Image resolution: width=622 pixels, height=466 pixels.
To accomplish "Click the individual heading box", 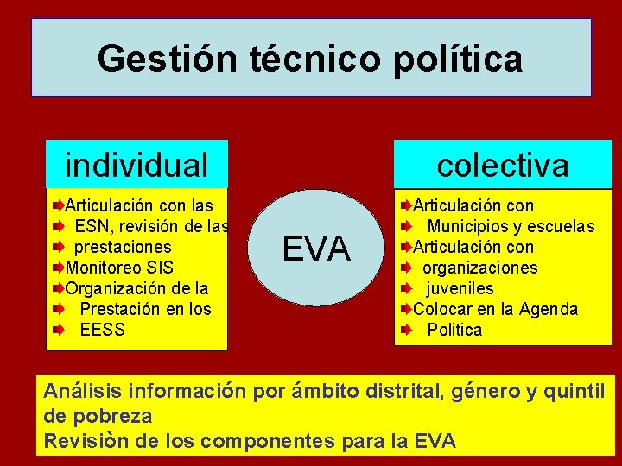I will tap(136, 164).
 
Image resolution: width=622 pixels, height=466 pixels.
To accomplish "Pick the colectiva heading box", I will tap(503, 164).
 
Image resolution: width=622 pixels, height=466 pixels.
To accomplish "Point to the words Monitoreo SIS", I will tap(119, 268).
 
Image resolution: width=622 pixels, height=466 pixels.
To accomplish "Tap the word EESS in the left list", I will tap(102, 330).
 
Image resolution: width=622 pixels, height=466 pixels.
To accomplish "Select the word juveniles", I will tap(459, 288).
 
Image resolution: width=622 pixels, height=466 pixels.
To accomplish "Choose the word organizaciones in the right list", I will tap(479, 268).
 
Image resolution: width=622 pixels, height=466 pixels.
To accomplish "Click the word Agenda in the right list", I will tap(549, 309).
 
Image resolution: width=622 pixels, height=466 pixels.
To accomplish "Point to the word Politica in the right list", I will tap(454, 330).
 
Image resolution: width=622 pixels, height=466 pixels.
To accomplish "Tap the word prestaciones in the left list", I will tap(123, 247).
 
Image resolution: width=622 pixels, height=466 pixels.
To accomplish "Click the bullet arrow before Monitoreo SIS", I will tap(58, 268).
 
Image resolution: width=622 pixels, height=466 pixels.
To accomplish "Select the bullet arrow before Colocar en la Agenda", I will tap(405, 309).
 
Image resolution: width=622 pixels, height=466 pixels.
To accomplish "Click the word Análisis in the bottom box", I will tap(79, 392).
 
